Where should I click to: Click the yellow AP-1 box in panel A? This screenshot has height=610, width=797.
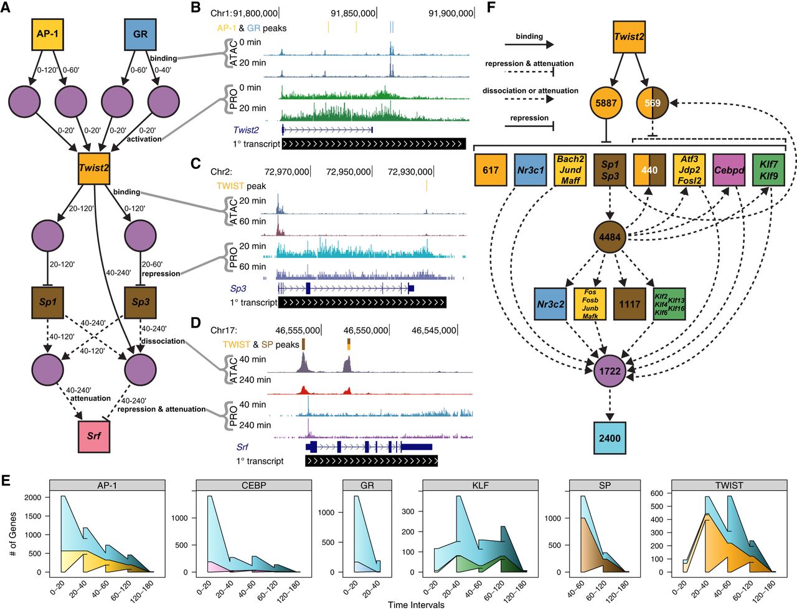tap(47, 34)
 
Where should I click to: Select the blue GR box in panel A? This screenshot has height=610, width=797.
tap(140, 34)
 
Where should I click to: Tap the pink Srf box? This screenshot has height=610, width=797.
tap(93, 436)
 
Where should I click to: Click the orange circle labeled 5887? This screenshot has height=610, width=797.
tap(606, 103)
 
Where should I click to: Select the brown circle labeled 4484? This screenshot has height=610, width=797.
tap(610, 237)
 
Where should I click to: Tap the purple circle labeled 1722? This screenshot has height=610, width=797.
tap(610, 371)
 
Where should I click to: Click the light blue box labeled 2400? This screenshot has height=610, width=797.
tap(610, 438)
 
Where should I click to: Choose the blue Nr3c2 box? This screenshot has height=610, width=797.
tap(550, 304)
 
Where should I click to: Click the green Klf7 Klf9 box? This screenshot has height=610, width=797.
tap(768, 169)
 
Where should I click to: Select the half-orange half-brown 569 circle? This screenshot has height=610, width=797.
tap(652, 103)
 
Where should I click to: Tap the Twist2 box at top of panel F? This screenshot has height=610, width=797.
tap(629, 36)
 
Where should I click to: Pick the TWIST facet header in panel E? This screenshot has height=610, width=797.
tap(729, 485)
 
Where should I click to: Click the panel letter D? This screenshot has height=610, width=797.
tap(196, 323)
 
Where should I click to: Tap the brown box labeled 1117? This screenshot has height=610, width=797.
tap(630, 304)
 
